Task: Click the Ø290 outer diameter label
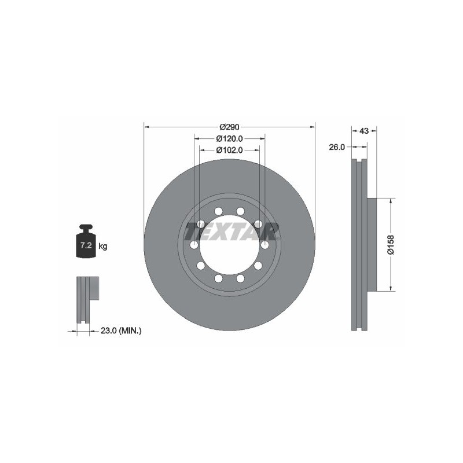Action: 229,127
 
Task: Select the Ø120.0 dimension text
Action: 229,138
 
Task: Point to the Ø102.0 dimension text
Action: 229,150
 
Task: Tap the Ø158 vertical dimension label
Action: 391,244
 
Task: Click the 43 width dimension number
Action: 365,131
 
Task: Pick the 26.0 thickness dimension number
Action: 337,147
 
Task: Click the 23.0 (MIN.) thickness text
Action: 121,330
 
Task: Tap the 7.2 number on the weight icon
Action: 86,245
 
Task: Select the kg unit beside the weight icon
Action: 103,245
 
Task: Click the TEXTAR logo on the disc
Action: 231,231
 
